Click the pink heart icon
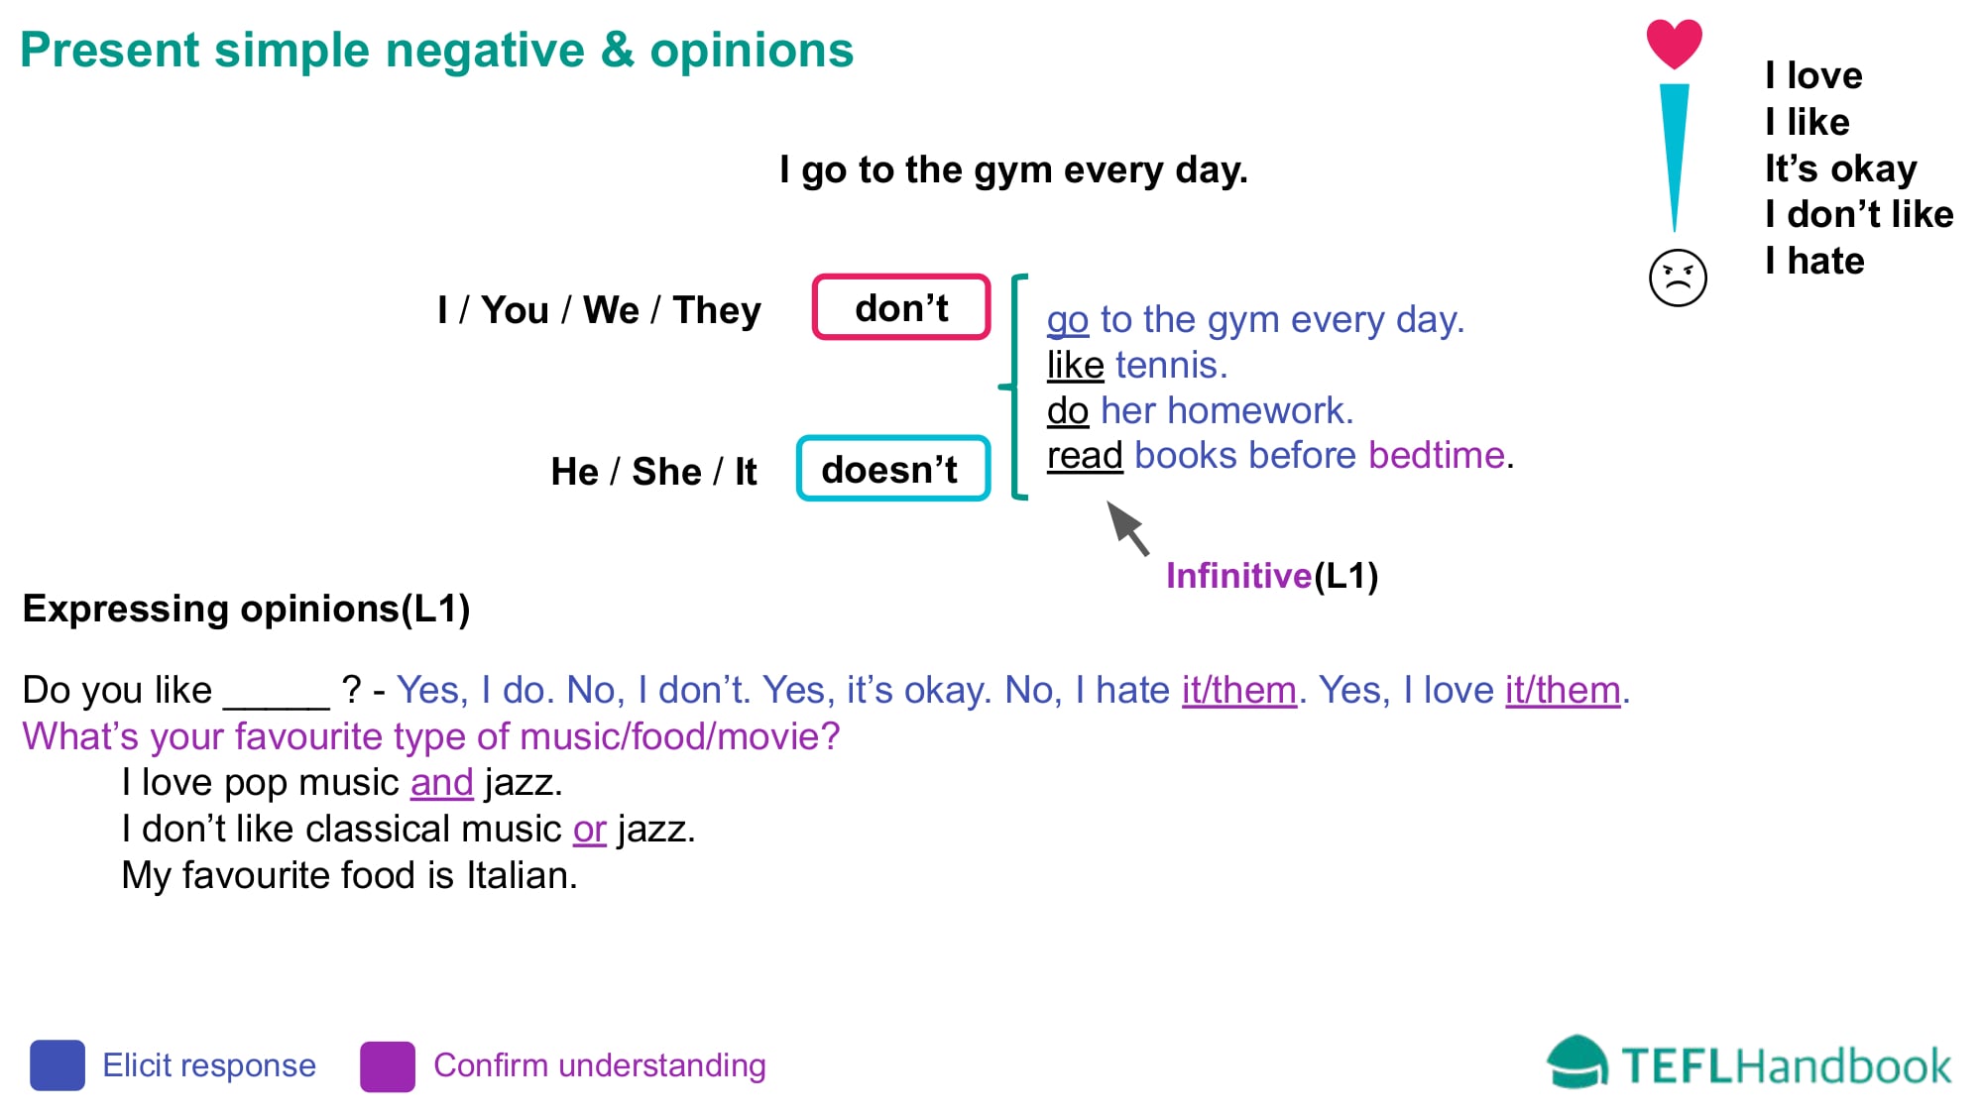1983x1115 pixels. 1674,44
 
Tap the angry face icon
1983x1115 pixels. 1678,278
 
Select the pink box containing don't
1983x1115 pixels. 901,307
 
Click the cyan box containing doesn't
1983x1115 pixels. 893,469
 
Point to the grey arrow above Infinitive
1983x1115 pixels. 1127,526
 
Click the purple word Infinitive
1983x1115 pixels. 1238,576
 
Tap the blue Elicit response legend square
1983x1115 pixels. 58,1065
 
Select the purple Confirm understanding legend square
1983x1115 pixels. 388,1065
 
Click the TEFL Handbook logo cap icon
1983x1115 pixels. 1576,1062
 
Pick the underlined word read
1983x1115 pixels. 1085,456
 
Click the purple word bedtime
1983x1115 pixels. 1437,456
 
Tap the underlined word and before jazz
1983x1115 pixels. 441,783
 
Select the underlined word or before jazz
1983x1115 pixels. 589,830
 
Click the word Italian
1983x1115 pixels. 522,876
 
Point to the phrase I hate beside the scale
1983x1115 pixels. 1814,261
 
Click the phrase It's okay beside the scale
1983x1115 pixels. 1840,168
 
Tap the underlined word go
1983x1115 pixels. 1068,320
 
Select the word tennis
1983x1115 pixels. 1171,366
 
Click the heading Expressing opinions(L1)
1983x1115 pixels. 246,609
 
